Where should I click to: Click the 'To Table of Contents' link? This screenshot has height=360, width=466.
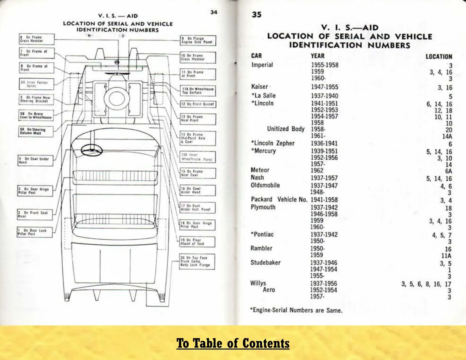coord(233,343)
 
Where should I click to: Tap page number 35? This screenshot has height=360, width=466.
coord(257,14)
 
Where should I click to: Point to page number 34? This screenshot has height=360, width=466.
coord(213,12)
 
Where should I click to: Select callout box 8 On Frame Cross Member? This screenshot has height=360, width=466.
coord(37,39)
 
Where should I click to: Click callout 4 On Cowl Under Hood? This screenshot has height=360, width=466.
coord(35,160)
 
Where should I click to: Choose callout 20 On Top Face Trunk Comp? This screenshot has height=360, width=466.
coord(197,262)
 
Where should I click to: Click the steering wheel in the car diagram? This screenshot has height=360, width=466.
coord(91,150)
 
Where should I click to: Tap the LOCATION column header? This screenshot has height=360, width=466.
coord(439,57)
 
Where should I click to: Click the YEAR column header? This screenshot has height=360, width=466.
coord(317,56)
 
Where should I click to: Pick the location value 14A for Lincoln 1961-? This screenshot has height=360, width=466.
coord(447,136)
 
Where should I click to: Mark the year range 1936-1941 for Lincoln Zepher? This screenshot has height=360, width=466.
coord(324,144)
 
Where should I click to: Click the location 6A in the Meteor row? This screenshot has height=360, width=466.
coord(448,171)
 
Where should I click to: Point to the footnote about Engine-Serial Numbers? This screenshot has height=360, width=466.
coord(296,310)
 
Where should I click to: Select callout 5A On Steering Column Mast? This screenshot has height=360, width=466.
coord(36,131)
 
